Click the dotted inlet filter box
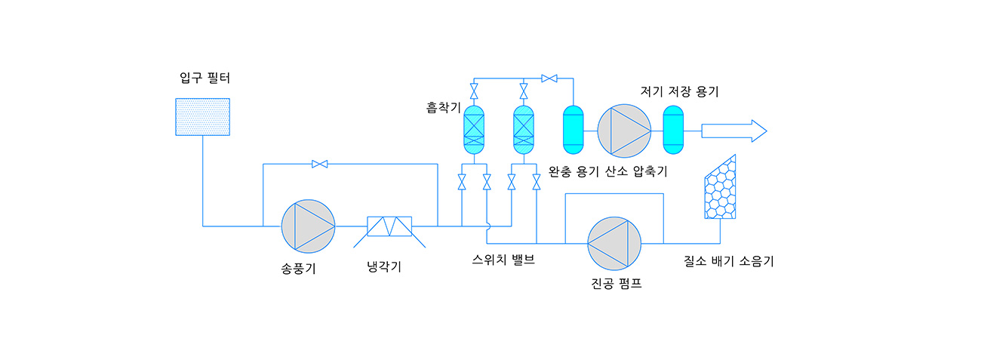click(x=202, y=117)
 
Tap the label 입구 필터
click(x=205, y=78)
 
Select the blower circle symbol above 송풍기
click(x=308, y=226)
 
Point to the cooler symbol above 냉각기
click(x=389, y=226)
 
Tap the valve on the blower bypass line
click(x=319, y=164)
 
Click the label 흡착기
click(x=443, y=108)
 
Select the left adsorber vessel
click(x=474, y=130)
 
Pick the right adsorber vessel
click(x=524, y=130)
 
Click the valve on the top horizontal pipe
click(x=549, y=78)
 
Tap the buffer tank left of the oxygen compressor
click(x=574, y=126)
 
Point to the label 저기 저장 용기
click(x=679, y=92)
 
